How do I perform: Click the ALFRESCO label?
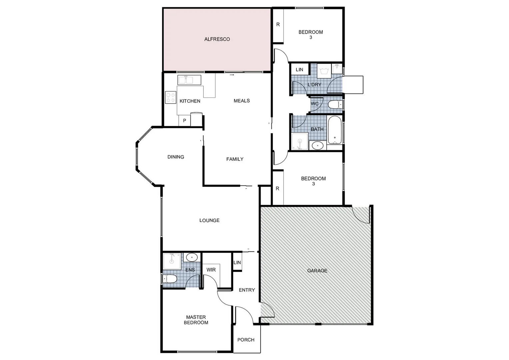217,39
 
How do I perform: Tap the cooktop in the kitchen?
170,97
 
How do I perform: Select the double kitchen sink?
189,80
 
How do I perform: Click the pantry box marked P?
184,121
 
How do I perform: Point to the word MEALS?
242,101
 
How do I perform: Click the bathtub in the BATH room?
335,130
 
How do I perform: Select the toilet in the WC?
334,105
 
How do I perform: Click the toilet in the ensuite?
170,279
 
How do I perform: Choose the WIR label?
211,270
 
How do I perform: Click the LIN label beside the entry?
237,263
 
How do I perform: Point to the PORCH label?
246,340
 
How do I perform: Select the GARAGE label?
317,271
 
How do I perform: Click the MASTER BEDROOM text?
196,320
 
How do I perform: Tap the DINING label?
176,157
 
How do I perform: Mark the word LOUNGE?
209,220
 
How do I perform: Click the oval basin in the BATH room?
317,145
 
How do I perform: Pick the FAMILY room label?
235,159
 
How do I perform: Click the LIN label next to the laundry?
299,69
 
